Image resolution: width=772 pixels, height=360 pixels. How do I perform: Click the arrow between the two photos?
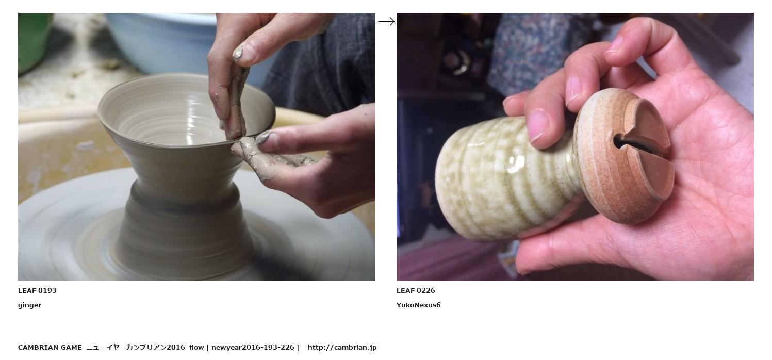pos(386,21)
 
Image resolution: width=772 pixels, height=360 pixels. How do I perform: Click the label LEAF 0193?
pos(37,291)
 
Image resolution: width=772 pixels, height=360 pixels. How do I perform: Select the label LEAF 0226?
pos(416,291)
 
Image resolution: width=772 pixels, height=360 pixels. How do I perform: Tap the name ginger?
pos(29,305)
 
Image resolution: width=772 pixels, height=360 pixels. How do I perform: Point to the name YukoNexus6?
pos(418,305)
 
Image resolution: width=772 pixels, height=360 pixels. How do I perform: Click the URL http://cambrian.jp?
pos(342,347)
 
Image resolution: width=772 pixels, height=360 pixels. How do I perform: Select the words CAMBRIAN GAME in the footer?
pos(50,347)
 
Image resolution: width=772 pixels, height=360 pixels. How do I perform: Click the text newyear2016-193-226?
pos(253,347)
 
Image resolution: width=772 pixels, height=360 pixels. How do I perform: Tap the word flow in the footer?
pos(196,347)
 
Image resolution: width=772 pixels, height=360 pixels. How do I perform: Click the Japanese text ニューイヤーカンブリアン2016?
pos(136,347)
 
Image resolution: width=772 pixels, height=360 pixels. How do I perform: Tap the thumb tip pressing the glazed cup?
pos(538,126)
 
